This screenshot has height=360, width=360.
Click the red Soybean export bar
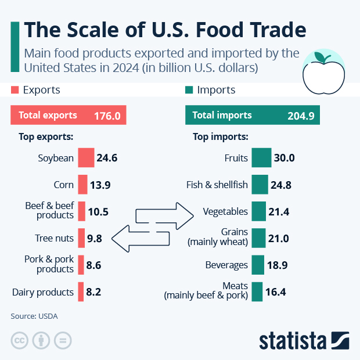click(x=85, y=158)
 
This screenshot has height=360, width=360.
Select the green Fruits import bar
click(x=261, y=158)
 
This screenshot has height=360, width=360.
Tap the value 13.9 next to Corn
click(x=100, y=185)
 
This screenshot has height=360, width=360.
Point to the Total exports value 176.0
click(x=107, y=116)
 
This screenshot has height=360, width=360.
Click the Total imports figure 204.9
click(x=301, y=116)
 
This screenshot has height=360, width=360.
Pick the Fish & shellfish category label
click(x=217, y=185)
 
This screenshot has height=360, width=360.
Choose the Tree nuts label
click(x=55, y=238)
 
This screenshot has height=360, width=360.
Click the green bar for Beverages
click(x=258, y=265)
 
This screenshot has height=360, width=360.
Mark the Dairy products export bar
click(x=81, y=292)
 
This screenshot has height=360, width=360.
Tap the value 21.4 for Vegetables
click(x=279, y=212)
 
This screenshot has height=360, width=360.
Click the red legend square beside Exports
click(x=15, y=90)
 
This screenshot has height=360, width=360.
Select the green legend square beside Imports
click(x=189, y=90)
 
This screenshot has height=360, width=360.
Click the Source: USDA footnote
click(x=34, y=316)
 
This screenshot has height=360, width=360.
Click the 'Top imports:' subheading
click(x=220, y=138)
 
